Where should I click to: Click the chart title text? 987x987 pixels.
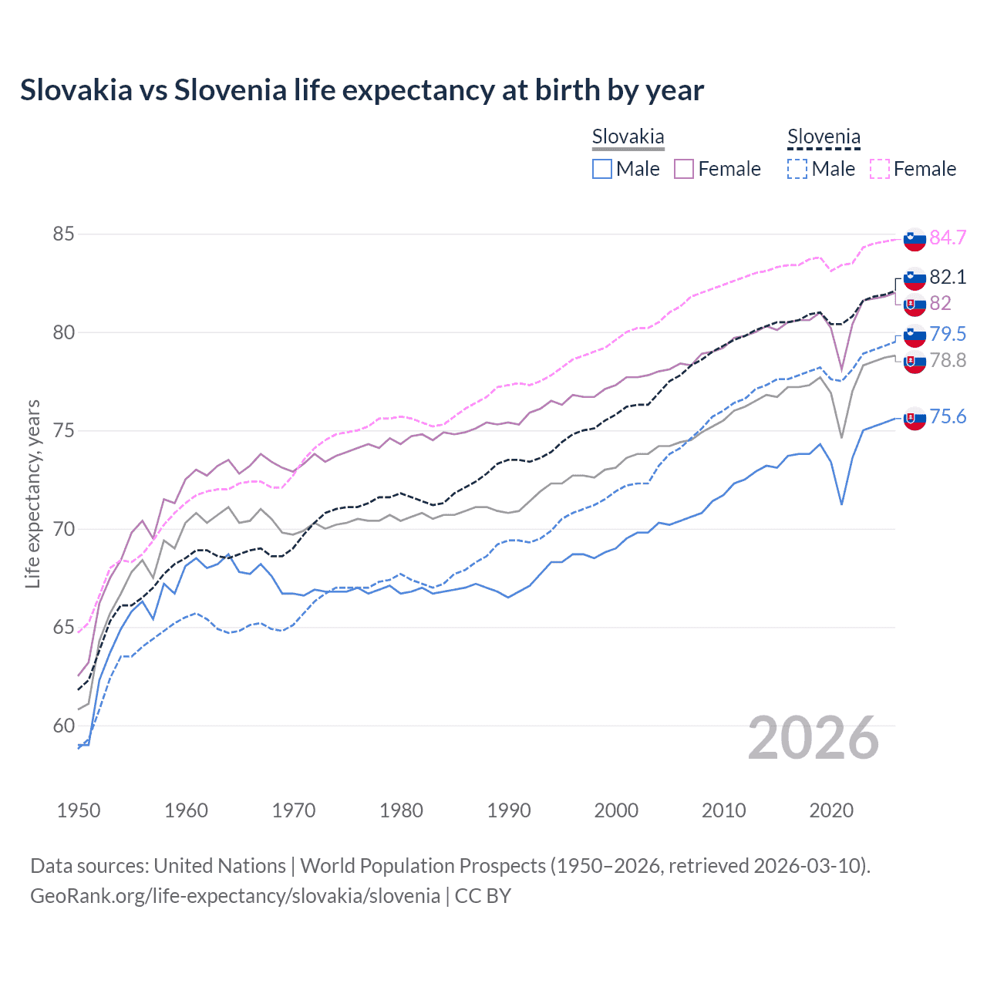pyautogui.click(x=362, y=90)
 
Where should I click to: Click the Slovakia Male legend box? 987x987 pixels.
pyautogui.click(x=602, y=169)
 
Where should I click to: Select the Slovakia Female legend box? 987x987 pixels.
pyautogui.click(x=684, y=169)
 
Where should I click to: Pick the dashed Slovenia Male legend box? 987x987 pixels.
pyautogui.click(x=797, y=169)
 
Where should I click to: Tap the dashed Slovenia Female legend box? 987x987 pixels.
pyautogui.click(x=879, y=169)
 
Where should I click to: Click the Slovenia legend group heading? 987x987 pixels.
pyautogui.click(x=824, y=137)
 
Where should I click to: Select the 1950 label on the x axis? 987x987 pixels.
pyautogui.click(x=79, y=810)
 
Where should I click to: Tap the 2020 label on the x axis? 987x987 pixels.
pyautogui.click(x=831, y=810)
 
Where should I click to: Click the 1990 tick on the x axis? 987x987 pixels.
pyautogui.click(x=509, y=810)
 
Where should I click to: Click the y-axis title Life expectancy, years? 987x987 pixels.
pyautogui.click(x=32, y=493)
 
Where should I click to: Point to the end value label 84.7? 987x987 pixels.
pyautogui.click(x=948, y=237)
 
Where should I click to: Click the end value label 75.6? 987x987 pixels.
pyautogui.click(x=948, y=417)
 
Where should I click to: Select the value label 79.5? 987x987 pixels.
pyautogui.click(x=948, y=334)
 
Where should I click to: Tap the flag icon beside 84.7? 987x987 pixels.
pyautogui.click(x=915, y=240)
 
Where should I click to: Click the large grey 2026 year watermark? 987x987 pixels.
pyautogui.click(x=814, y=738)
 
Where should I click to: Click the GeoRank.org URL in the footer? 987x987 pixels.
pyautogui.click(x=235, y=896)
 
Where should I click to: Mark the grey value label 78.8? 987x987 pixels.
pyautogui.click(x=948, y=360)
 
